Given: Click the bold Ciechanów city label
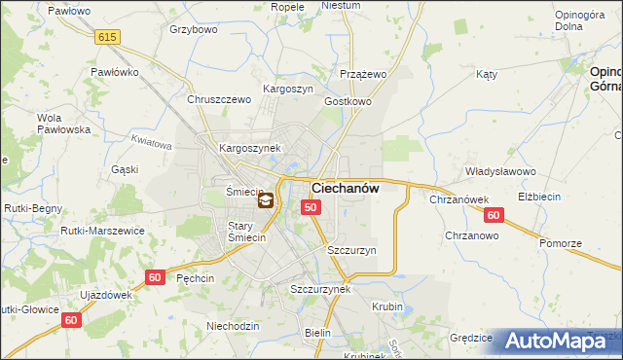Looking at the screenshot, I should [345, 188].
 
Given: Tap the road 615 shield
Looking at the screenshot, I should [107, 36].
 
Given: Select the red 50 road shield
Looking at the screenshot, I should [311, 207].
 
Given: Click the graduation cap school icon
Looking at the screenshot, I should [265, 201].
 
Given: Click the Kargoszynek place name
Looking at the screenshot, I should [250, 148].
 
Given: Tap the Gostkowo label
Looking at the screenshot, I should [348, 101].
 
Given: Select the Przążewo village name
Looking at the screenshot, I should [364, 74].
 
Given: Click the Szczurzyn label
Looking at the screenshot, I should [351, 250].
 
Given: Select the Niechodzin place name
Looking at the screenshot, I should [233, 325].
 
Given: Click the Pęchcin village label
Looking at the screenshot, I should [196, 277].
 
